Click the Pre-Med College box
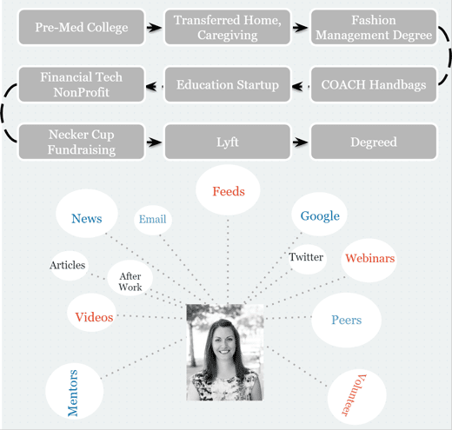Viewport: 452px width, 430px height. point(82,27)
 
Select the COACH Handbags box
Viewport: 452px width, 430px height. point(374,84)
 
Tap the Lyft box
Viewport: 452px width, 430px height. point(228,142)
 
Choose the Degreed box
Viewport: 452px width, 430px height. point(374,142)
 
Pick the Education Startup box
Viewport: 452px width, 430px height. point(228,84)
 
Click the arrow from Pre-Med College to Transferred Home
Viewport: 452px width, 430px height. point(154,28)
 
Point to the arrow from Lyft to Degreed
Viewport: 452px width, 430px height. point(300,142)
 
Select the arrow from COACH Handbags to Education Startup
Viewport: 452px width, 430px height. point(301,86)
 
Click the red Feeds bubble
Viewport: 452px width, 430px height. point(228,190)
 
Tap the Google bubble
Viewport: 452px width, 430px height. point(319,215)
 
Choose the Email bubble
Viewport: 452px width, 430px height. point(153,220)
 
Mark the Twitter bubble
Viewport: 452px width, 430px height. point(307,258)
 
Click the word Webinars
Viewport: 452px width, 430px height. point(370,258)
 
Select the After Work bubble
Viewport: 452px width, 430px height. point(130,278)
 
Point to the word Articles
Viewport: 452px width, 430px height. point(68,265)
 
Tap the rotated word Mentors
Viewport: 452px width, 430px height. point(72,393)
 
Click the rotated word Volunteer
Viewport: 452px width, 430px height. point(354,395)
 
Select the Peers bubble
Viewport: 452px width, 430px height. point(346,320)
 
